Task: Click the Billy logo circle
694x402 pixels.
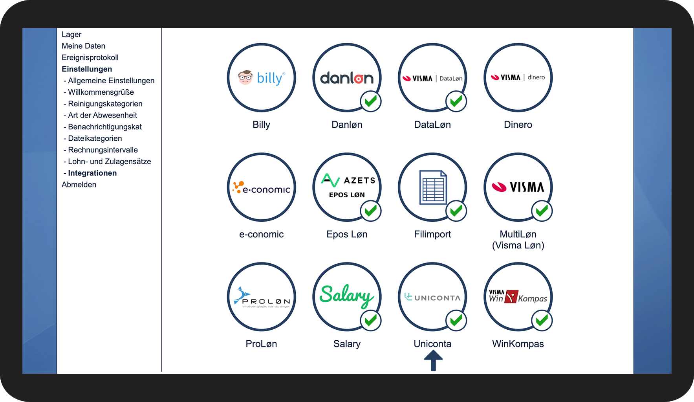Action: click(261, 77)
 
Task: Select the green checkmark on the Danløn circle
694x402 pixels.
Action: click(370, 101)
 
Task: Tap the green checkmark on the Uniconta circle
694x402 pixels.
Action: click(456, 321)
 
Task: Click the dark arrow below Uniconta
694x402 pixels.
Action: click(433, 360)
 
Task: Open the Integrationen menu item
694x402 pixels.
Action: click(92, 173)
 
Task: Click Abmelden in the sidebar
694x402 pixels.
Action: click(79, 185)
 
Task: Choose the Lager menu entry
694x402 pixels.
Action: click(71, 35)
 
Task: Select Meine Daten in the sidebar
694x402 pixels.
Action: click(83, 46)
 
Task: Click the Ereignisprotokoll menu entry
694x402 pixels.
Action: click(90, 57)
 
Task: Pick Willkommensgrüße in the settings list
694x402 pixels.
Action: click(101, 92)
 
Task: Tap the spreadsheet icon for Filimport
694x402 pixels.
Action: click(433, 187)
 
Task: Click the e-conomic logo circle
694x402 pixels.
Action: click(261, 187)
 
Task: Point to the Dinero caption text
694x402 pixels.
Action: click(518, 125)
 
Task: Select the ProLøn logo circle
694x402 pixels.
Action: click(261, 297)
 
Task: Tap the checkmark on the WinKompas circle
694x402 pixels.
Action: click(542, 321)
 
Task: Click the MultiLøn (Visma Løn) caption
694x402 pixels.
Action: click(518, 240)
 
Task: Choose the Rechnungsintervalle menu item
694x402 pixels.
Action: click(103, 150)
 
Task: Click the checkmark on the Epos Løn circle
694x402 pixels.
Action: click(370, 211)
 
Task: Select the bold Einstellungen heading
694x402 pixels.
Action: click(87, 69)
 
